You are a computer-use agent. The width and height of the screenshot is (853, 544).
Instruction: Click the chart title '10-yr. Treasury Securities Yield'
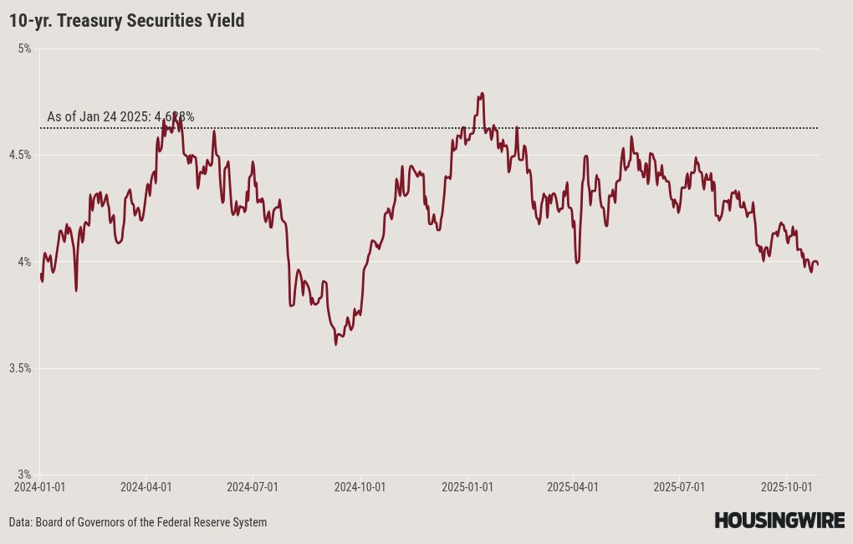127,21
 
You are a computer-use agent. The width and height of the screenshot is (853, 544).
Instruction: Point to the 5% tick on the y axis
23,49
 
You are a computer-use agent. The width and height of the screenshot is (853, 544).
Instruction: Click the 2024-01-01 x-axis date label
39,486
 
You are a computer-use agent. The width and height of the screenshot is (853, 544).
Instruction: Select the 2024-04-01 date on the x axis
146,486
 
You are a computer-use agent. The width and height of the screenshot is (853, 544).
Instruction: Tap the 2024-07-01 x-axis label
253,486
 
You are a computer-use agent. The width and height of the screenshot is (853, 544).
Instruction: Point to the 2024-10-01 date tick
360,486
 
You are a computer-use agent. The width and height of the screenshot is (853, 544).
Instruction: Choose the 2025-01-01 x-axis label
467,486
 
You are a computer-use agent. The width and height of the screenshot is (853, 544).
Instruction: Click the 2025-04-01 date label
573,486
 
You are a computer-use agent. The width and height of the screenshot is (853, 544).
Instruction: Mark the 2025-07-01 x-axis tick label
679,486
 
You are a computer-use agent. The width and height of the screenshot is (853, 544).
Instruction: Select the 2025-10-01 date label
787,486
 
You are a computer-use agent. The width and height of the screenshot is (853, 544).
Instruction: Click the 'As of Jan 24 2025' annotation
120,117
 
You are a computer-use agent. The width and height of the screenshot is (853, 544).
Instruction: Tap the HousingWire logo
779,521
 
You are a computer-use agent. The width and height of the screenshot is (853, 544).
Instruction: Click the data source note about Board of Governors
138,522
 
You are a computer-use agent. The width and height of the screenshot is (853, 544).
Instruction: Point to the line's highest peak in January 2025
483,93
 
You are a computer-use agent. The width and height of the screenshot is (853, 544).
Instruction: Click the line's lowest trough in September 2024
336,343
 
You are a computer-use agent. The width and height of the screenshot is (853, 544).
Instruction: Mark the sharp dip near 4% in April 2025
577,263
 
